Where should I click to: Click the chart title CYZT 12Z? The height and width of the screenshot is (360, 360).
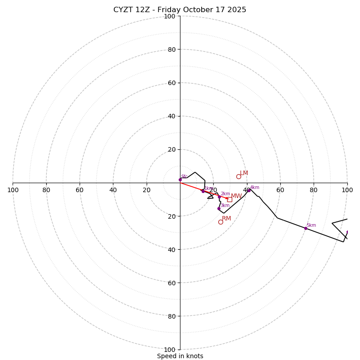[180, 10]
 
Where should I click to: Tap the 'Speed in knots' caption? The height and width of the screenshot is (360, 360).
[180, 356]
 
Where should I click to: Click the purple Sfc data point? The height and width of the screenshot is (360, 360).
[180, 180]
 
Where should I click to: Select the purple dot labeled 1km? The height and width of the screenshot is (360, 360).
[203, 191]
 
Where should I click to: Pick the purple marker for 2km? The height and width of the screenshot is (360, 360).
[220, 197]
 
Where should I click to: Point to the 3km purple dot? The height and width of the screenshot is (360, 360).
[219, 208]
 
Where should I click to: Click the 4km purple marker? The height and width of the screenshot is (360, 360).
[249, 190]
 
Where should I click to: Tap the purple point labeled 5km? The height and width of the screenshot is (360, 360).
[306, 228]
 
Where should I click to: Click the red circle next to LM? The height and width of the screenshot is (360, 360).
[238, 176]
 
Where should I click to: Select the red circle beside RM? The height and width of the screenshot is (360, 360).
[220, 222]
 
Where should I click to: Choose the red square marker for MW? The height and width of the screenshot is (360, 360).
[229, 199]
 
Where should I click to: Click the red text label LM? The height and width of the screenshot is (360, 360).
[244, 173]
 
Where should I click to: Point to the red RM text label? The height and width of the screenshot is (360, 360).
[226, 219]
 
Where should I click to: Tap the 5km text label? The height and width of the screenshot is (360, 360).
[311, 225]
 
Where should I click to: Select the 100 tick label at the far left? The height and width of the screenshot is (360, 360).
[13, 190]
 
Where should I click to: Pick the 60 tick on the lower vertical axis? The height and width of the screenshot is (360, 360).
[171, 283]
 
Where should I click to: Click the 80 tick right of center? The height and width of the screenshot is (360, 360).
[314, 190]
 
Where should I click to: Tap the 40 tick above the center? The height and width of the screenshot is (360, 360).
[171, 116]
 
